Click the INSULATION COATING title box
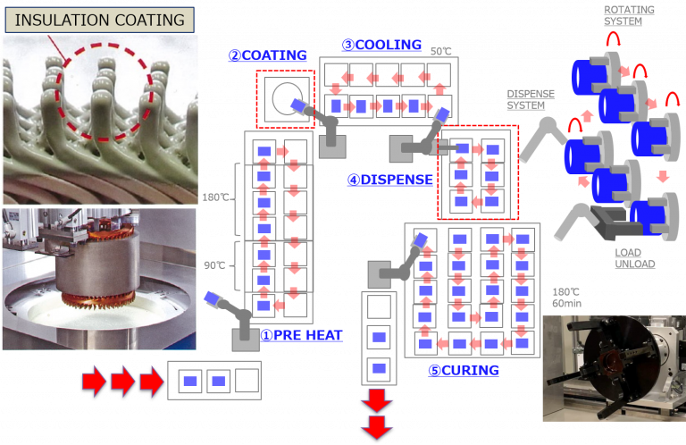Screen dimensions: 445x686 [x=101, y=19]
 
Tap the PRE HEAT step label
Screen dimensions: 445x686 [x=301, y=336]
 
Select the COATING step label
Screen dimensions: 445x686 [x=268, y=55]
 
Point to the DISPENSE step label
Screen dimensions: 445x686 [x=390, y=180]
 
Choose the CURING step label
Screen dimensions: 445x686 [x=464, y=370]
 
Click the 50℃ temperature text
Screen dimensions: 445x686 [x=441, y=52]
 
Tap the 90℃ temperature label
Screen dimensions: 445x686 [x=213, y=265]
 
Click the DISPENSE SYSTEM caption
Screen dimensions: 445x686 [x=531, y=98]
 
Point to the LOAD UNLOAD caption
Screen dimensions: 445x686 [x=634, y=257]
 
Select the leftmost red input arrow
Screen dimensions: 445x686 [x=94, y=382]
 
